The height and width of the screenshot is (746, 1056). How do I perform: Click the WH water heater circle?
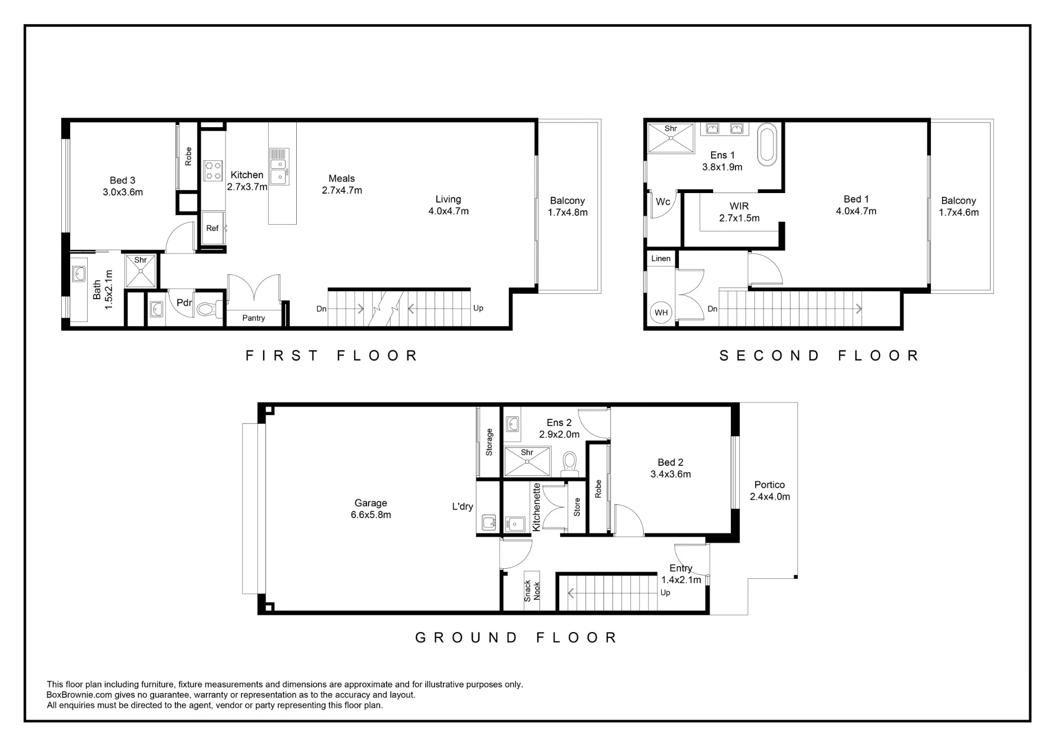(661, 312)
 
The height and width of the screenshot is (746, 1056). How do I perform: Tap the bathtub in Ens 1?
(767, 145)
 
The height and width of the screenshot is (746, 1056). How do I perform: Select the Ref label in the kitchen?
(212, 228)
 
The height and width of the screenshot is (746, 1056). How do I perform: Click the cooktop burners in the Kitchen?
(213, 170)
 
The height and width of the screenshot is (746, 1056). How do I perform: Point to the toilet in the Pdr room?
(208, 309)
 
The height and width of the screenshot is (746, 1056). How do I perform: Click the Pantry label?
(253, 318)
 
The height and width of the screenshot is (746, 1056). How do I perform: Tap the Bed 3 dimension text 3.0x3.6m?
(123, 192)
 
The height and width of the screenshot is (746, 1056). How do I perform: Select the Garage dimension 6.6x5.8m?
(371, 514)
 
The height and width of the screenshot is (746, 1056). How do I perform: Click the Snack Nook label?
(532, 591)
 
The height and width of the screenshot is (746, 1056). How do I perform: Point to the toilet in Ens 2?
(569, 462)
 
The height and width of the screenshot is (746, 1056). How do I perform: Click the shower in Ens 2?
(527, 461)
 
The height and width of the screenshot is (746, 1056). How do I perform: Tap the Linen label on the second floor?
(661, 258)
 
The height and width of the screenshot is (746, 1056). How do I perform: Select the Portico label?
(769, 484)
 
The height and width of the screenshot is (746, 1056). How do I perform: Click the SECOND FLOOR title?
(819, 356)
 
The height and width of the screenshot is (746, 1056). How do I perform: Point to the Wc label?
(663, 202)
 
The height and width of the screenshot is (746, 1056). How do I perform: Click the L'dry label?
(463, 506)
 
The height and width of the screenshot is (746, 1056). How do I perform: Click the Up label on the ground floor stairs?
(665, 592)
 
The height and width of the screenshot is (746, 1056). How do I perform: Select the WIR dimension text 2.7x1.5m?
(739, 218)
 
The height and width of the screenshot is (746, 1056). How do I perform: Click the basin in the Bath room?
(79, 273)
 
